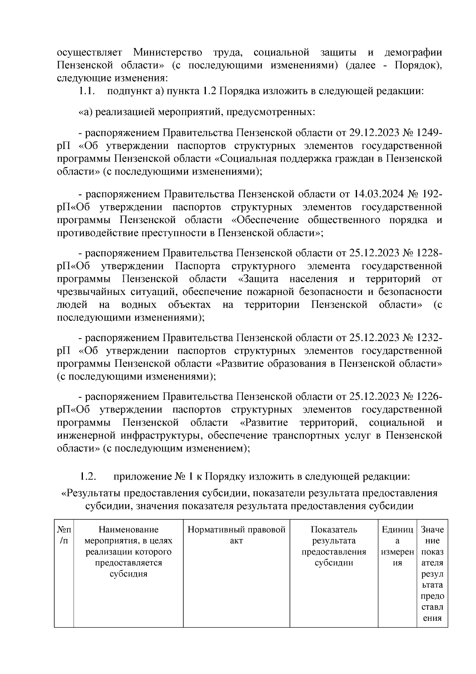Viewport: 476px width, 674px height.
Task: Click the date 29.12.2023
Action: click(x=374, y=132)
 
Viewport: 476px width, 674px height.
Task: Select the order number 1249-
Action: click(x=429, y=132)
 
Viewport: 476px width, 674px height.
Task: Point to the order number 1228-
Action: click(x=429, y=253)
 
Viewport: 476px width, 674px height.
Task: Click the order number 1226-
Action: click(x=429, y=397)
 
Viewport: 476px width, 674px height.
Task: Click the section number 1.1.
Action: click(x=86, y=91)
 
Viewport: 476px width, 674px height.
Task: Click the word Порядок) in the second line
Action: click(x=418, y=65)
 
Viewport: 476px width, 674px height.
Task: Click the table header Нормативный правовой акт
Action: click(x=236, y=535)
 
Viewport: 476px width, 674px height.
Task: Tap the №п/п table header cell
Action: click(x=64, y=535)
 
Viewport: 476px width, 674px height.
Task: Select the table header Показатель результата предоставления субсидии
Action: click(x=334, y=546)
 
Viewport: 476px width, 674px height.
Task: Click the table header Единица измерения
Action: click(x=397, y=546)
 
